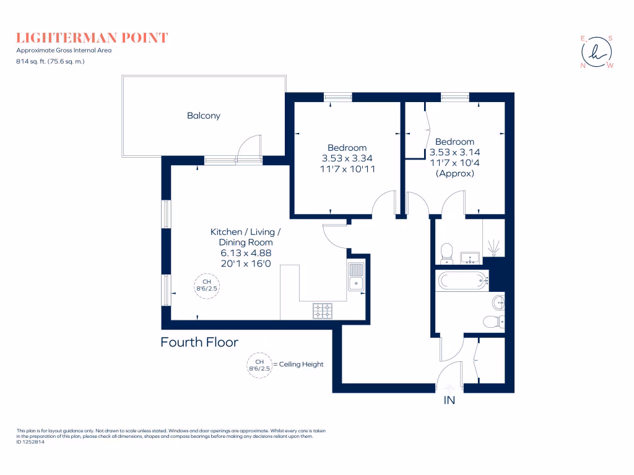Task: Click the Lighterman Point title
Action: click(x=92, y=38)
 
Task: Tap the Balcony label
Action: click(x=204, y=116)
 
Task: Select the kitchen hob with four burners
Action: click(x=323, y=310)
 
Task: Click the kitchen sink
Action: click(x=356, y=277)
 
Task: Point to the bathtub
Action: click(x=462, y=281)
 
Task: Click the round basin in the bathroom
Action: click(x=499, y=302)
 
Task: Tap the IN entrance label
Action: click(x=449, y=401)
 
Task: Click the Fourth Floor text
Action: click(x=199, y=342)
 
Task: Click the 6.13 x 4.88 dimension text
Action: click(x=246, y=252)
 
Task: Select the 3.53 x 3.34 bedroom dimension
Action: click(x=347, y=158)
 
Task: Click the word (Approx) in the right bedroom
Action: click(x=455, y=173)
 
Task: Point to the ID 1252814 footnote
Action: click(x=30, y=442)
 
